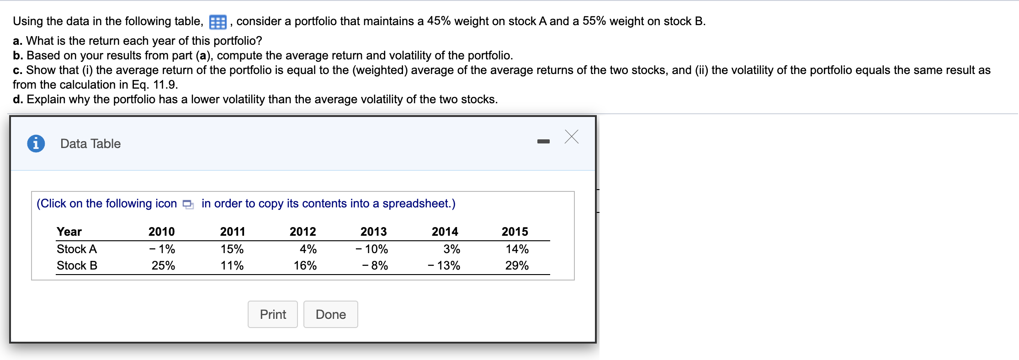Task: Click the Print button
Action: (273, 314)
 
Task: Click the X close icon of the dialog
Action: (571, 137)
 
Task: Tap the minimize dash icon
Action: (543, 141)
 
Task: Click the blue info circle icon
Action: (36, 143)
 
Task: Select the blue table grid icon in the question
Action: (218, 22)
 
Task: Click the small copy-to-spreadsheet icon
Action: (188, 204)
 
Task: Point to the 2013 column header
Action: (373, 232)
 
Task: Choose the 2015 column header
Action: (515, 232)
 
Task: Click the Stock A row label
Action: (77, 249)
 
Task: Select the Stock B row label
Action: (77, 265)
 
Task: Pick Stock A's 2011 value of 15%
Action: (232, 249)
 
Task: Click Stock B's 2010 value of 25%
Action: (163, 265)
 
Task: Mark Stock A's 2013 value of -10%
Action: (372, 249)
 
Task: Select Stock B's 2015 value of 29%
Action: (517, 265)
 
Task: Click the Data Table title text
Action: (90, 143)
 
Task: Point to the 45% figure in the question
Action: (439, 21)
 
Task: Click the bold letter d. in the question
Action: (18, 99)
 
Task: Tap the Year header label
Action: (69, 232)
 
